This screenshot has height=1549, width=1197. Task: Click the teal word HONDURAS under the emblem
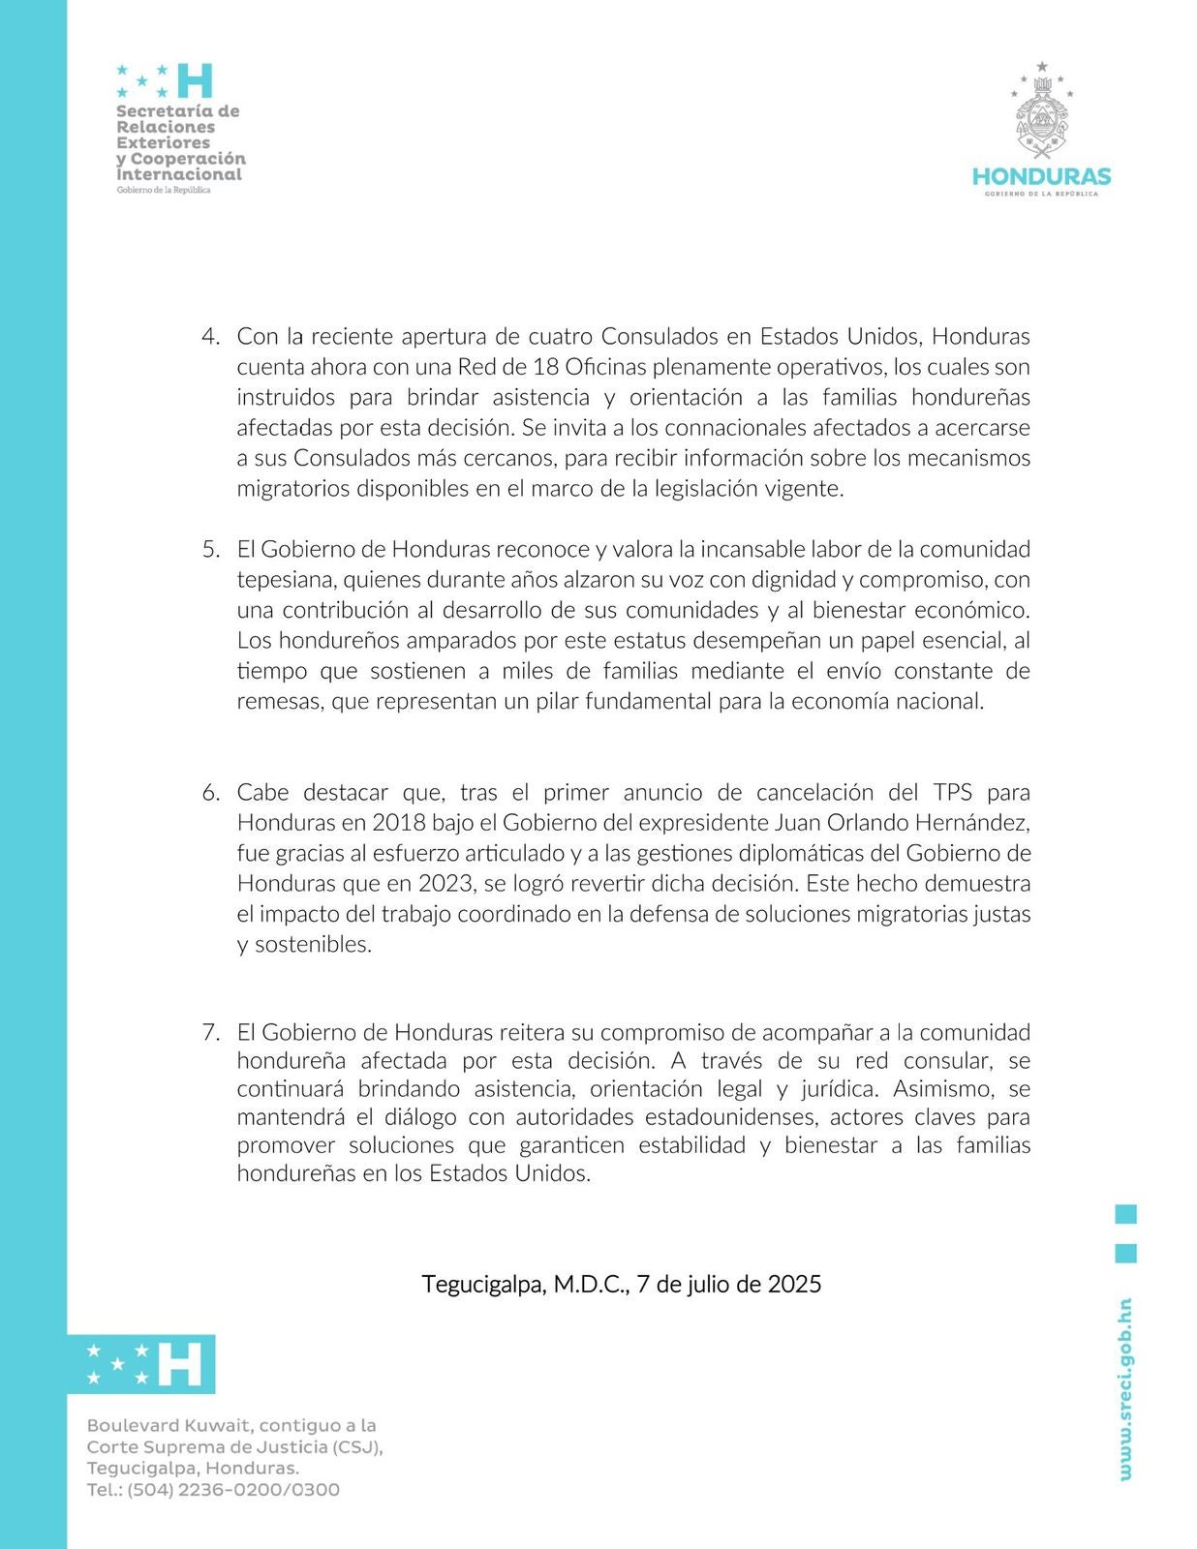tap(1041, 177)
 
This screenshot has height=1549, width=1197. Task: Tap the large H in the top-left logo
tap(194, 80)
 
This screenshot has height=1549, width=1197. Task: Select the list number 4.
tap(210, 337)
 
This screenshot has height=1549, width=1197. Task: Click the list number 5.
tap(210, 550)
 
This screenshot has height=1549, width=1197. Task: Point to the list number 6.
tap(210, 793)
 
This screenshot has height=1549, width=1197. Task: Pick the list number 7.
tap(210, 1032)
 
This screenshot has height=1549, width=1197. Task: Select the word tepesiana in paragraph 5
tap(286, 580)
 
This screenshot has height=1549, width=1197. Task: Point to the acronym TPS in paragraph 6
tap(954, 793)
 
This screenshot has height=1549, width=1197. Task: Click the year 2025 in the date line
tap(794, 1285)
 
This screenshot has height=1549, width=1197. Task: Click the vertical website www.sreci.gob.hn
tap(1124, 1389)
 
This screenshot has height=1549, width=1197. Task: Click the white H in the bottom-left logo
tap(179, 1364)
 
